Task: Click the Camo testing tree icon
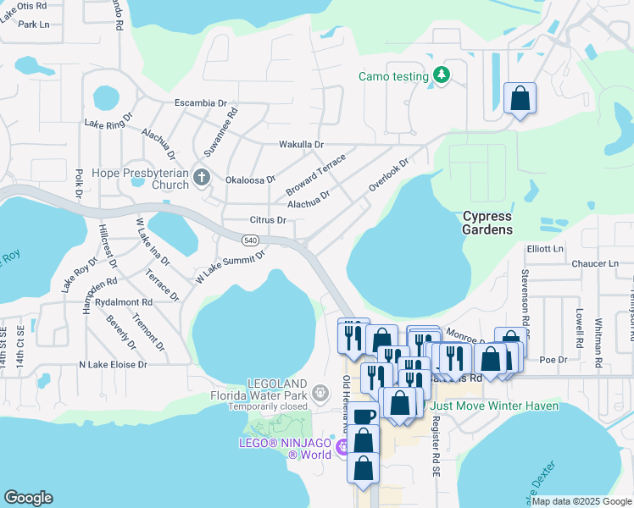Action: point(441,76)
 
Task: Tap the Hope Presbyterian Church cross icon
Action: point(201,178)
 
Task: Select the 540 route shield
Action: point(250,241)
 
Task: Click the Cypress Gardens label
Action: point(487,223)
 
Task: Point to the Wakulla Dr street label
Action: point(302,145)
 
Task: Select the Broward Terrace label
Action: point(315,173)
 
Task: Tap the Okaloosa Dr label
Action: point(251,179)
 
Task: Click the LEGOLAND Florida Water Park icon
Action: point(320,392)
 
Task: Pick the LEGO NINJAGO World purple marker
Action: point(343,447)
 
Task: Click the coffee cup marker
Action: point(364,417)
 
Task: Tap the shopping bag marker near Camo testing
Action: point(519,98)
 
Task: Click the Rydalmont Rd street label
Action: point(124,301)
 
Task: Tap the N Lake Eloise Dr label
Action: point(113,365)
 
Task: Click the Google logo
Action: point(28,498)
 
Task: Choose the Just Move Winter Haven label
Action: point(494,406)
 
